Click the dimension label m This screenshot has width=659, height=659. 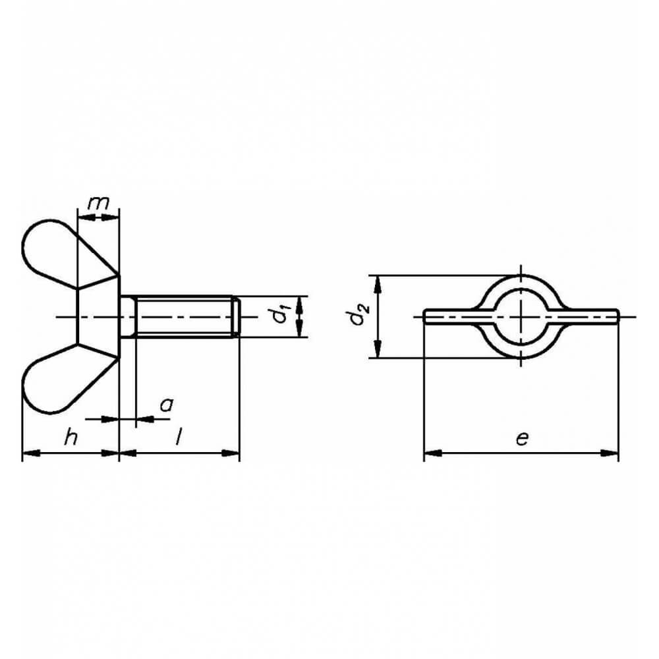pos(98,204)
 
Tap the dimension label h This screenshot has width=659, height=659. pos(71,437)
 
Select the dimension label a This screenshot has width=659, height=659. pos(167,405)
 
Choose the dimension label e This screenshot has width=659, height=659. pos(521,439)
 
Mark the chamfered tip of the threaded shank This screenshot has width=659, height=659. pos(237,316)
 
